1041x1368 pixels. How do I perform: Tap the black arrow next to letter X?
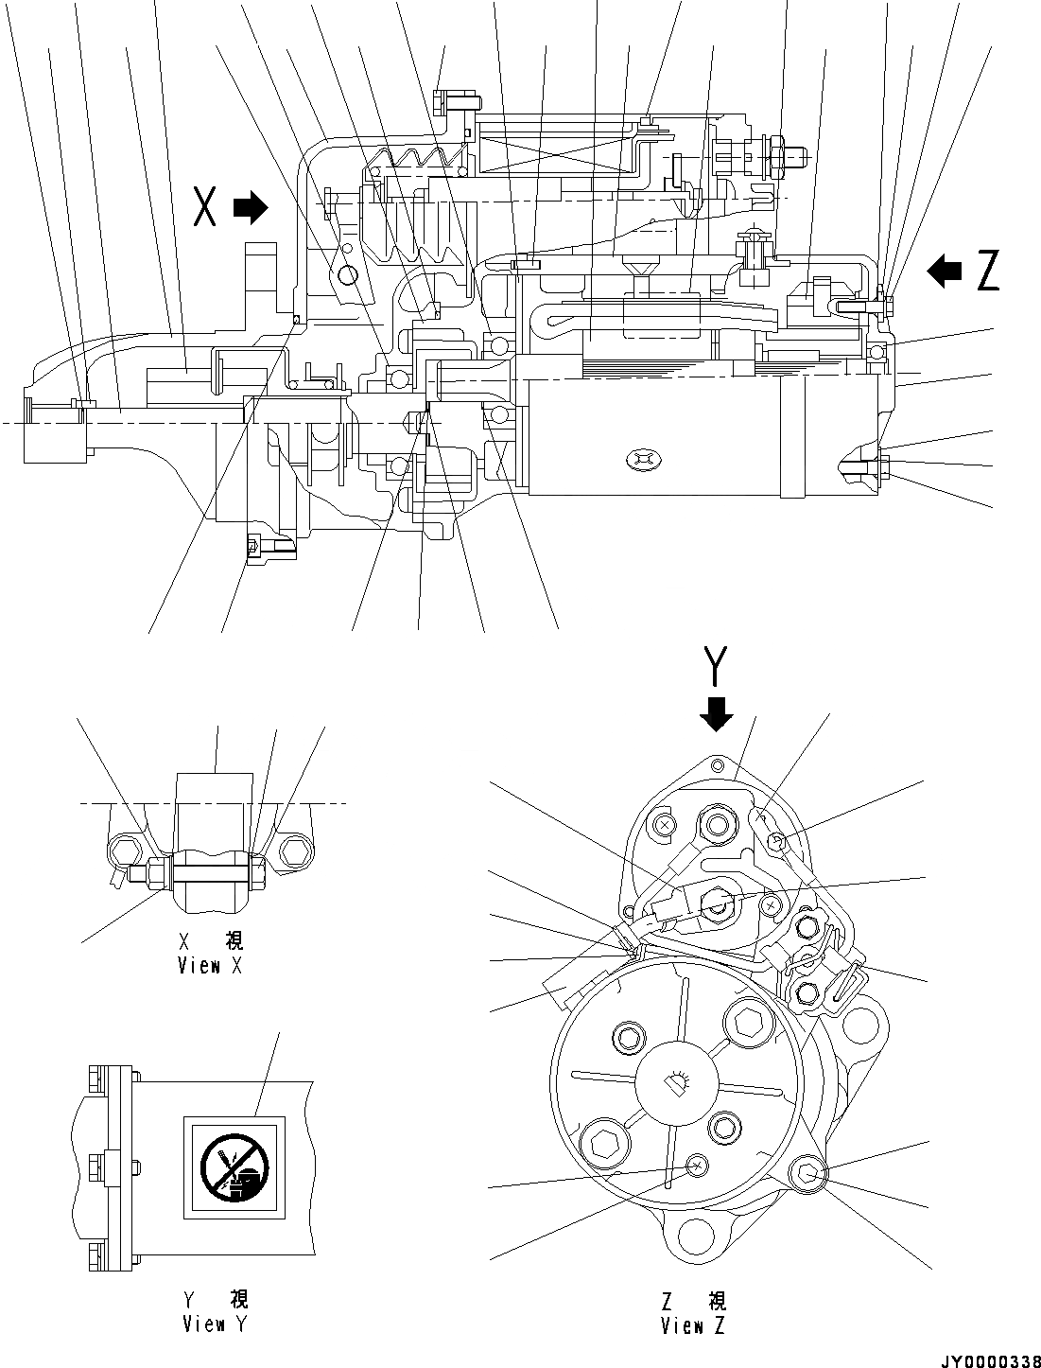tap(251, 207)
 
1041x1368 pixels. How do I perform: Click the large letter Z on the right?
tap(987, 272)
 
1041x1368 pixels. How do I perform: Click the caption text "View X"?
tap(211, 966)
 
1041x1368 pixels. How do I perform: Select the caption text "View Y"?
tap(216, 1324)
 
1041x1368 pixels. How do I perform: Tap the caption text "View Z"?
tap(693, 1326)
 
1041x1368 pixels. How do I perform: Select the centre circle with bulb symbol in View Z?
tap(675, 1081)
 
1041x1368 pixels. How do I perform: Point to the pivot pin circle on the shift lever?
tap(347, 275)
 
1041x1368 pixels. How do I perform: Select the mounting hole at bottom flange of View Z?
tap(695, 1235)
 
